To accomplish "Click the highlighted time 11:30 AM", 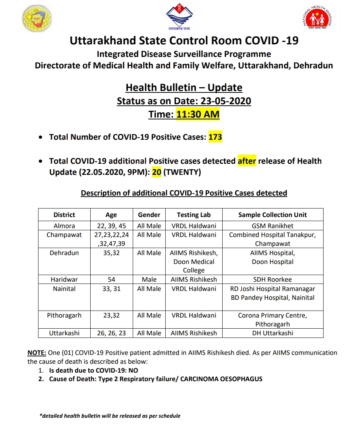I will pyautogui.click(x=198, y=115).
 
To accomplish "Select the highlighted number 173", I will pyautogui.click(x=215, y=138).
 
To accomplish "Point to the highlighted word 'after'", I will pyautogui.click(x=247, y=161).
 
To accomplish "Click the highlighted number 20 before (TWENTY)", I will pyautogui.click(x=157, y=173).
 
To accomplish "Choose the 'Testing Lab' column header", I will pyautogui.click(x=194, y=215).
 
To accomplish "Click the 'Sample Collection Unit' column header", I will pyautogui.click(x=273, y=215).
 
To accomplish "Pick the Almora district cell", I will pyautogui.click(x=64, y=226).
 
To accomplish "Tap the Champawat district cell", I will pyautogui.click(x=64, y=235).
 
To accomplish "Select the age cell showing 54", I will pyautogui.click(x=111, y=280).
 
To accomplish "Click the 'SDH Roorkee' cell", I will pyautogui.click(x=273, y=280).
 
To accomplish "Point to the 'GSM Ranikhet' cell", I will pyautogui.click(x=273, y=226).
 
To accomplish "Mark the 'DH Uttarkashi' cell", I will pyautogui.click(x=273, y=333).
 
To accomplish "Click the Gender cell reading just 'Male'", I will pyautogui.click(x=149, y=280).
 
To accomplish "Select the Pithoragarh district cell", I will pyautogui.click(x=64, y=316).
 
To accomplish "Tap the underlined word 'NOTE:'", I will pyautogui.click(x=37, y=353).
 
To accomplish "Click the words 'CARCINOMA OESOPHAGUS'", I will pyautogui.click(x=221, y=379).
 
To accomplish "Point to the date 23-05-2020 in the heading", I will pyautogui.click(x=226, y=101).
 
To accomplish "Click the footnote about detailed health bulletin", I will pyautogui.click(x=110, y=416).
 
